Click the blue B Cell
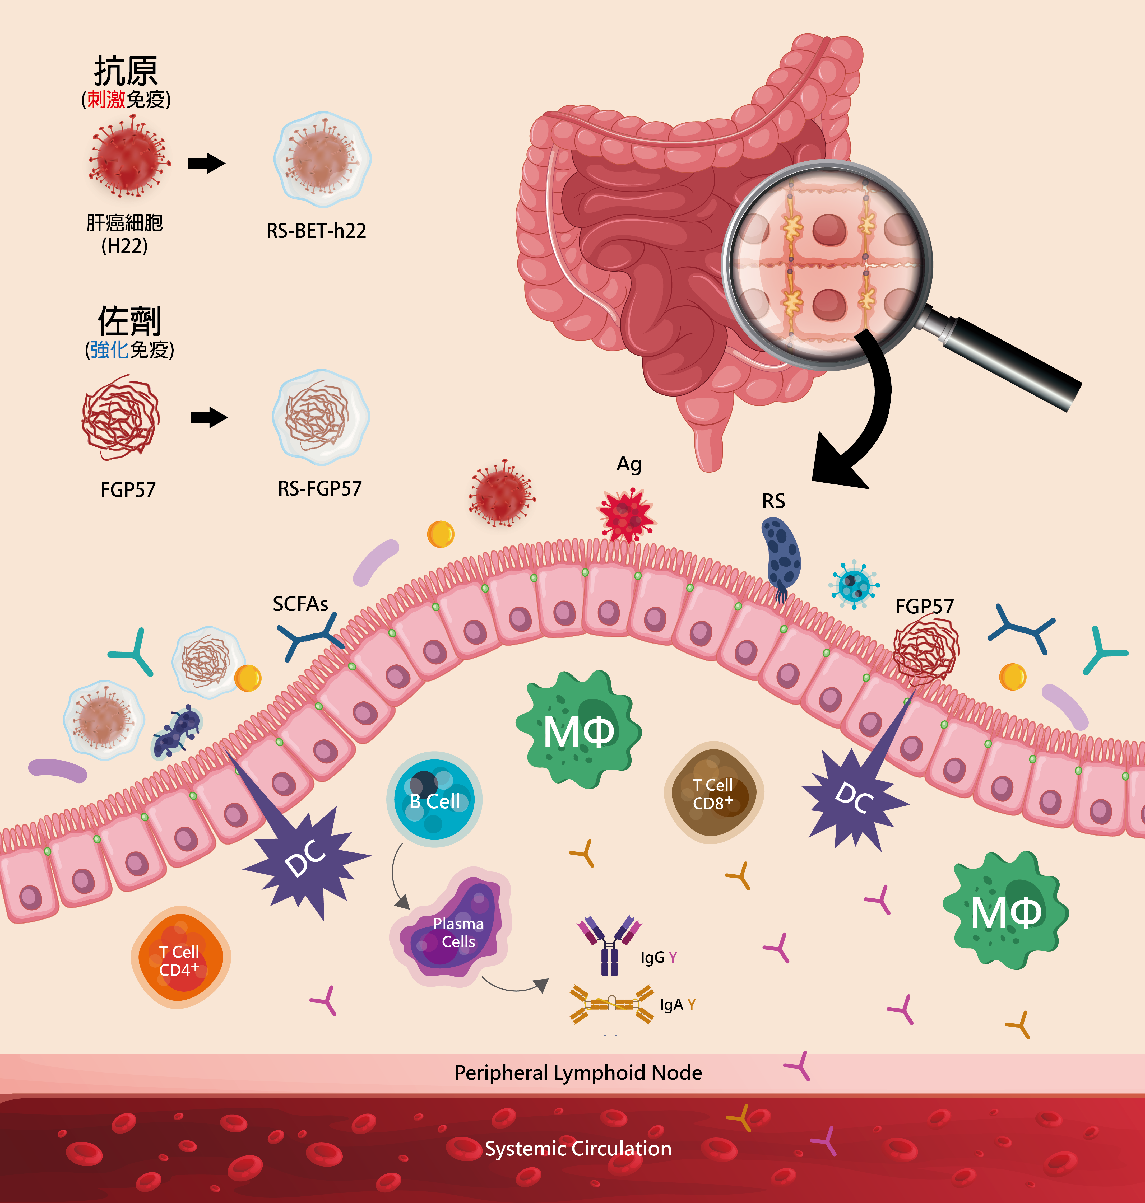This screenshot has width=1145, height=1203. click(434, 799)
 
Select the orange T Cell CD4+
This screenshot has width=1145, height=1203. click(180, 958)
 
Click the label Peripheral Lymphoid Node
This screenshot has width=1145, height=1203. click(578, 1073)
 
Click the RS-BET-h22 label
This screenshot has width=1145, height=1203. click(316, 231)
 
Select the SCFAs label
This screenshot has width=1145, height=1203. click(300, 604)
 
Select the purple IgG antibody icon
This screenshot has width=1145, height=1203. click(609, 944)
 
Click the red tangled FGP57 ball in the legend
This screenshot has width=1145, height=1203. click(121, 418)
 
